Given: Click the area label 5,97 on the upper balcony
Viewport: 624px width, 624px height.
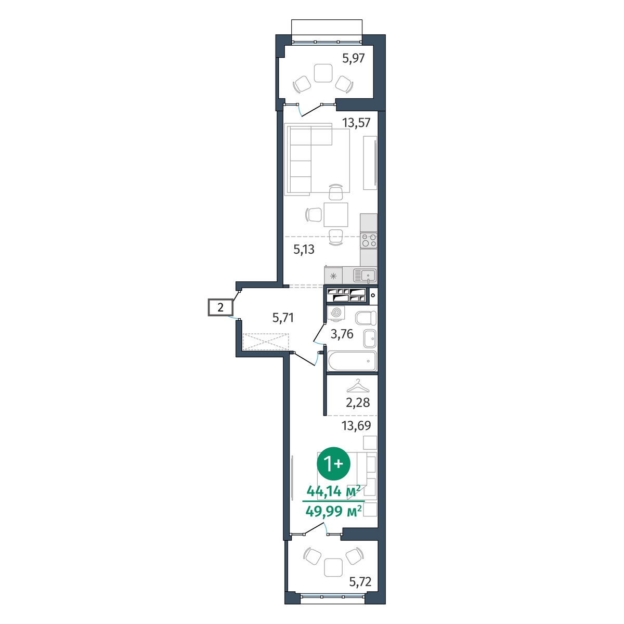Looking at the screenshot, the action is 353,59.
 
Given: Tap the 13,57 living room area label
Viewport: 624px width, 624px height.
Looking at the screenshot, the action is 356,123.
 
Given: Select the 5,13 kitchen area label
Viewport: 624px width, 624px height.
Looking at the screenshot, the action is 304,250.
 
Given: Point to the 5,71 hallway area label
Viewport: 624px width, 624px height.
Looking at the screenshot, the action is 283,318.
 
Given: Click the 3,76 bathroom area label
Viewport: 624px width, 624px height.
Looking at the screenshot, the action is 342,334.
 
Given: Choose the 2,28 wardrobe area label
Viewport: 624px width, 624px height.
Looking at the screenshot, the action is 358,402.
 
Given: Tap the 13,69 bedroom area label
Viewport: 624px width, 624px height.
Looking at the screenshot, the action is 356,425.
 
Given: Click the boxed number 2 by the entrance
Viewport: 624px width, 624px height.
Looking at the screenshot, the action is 220,307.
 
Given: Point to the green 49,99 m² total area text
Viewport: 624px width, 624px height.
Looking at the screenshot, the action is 333,512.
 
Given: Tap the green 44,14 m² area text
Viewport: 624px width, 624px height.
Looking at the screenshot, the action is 333,492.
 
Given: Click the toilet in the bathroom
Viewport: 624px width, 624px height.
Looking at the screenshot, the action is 366,318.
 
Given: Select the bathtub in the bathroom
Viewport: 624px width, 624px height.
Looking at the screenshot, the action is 352,361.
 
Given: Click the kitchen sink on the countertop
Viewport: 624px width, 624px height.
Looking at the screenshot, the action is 365,276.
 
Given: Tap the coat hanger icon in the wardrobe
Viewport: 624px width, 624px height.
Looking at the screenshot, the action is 358,386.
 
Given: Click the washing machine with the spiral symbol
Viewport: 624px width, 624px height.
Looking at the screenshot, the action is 336,313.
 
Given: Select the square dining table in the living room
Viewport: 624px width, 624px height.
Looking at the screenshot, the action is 336,215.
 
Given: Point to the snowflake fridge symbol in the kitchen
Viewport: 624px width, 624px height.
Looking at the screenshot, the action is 333,276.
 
